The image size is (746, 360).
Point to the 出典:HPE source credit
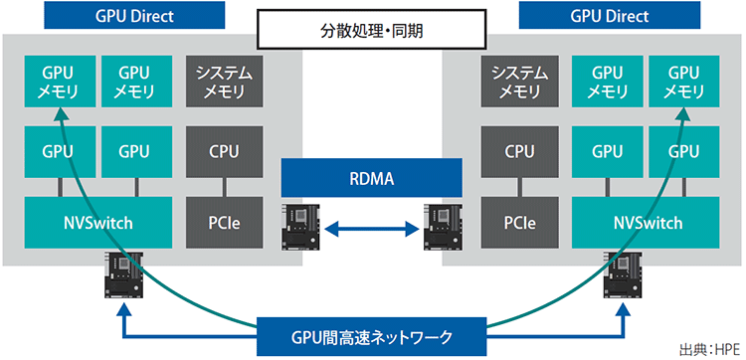pyautogui.click(x=709, y=349)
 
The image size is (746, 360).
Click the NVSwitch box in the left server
pyautogui.click(x=96, y=223)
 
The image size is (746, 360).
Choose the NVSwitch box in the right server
pyautogui.click(x=648, y=223)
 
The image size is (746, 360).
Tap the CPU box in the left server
pyautogui.click(x=223, y=152)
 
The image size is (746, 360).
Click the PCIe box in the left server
pyautogui.click(x=223, y=223)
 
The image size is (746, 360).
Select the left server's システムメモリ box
pyautogui.click(x=223, y=82)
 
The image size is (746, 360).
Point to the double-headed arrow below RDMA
pyautogui.click(x=372, y=230)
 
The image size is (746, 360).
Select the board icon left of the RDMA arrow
pyautogui.click(x=299, y=229)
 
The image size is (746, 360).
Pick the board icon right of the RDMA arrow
pyautogui.click(x=444, y=229)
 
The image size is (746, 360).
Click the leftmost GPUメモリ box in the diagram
pyautogui.click(x=59, y=82)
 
